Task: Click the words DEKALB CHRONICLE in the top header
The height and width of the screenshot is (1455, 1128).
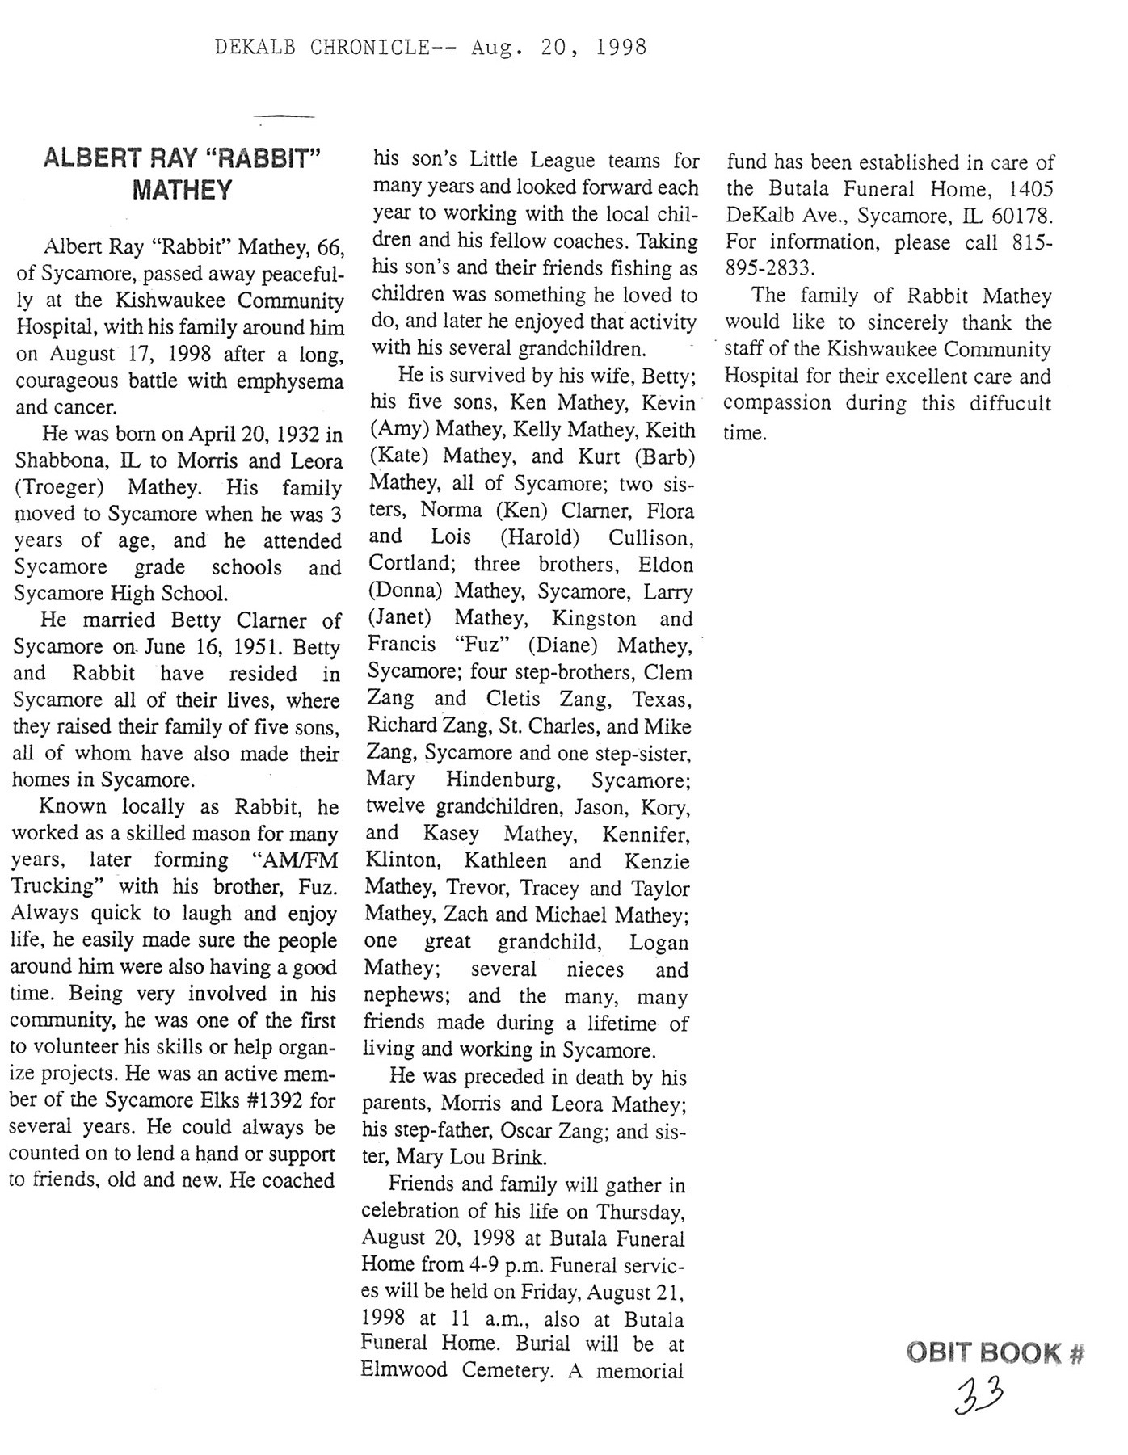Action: click(322, 48)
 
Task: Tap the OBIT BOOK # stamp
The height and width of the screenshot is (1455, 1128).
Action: click(995, 1353)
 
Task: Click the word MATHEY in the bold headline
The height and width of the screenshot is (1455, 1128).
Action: click(182, 191)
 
